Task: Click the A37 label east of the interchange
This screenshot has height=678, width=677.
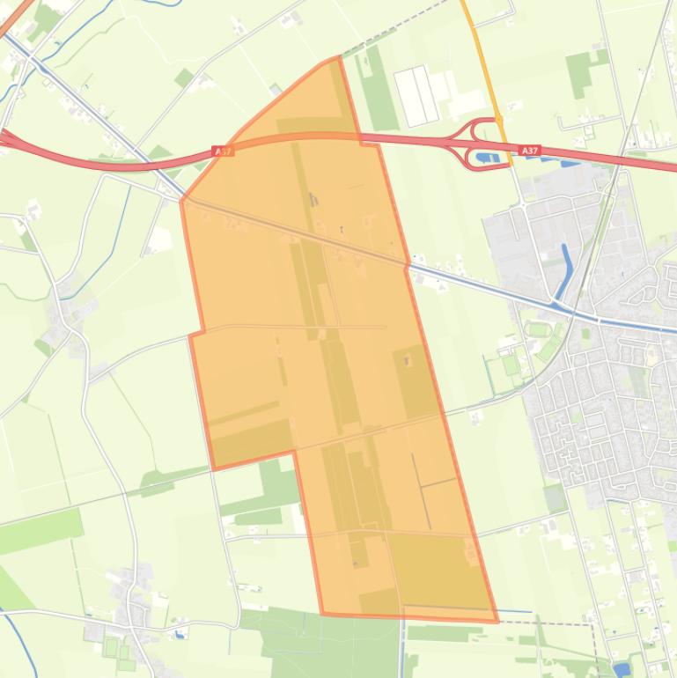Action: coord(529,151)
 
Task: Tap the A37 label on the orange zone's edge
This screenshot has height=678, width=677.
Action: coord(224,151)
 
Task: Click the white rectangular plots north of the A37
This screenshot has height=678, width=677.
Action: coord(416,96)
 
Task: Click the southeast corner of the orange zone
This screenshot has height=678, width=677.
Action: coord(497,621)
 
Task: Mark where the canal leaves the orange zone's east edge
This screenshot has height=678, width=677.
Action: coord(408,263)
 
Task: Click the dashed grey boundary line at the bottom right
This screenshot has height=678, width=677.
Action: coord(563,623)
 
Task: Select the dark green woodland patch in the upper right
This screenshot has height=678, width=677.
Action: coord(581,72)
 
